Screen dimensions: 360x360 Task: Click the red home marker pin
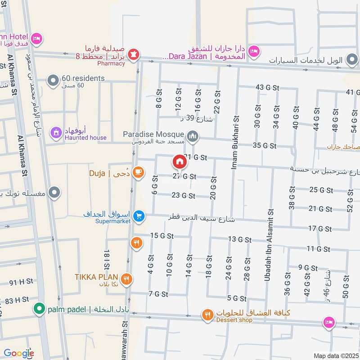click(x=179, y=162)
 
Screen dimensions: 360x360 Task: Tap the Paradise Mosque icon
click(x=193, y=135)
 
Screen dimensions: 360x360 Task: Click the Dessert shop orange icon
click(x=207, y=315)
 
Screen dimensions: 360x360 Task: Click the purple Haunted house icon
click(x=56, y=133)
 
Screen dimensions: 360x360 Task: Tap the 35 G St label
click(x=264, y=145)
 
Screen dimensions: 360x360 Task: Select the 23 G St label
click(x=184, y=196)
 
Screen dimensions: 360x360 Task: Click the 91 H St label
click(x=21, y=282)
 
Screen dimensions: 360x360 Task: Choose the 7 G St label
click(x=158, y=294)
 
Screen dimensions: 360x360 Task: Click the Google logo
click(x=18, y=353)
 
